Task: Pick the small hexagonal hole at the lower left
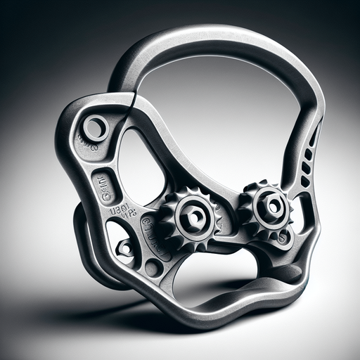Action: pyautogui.click(x=124, y=247)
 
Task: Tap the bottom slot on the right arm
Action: pyautogui.click(x=304, y=176)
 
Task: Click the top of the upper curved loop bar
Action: pyautogui.click(x=211, y=35)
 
